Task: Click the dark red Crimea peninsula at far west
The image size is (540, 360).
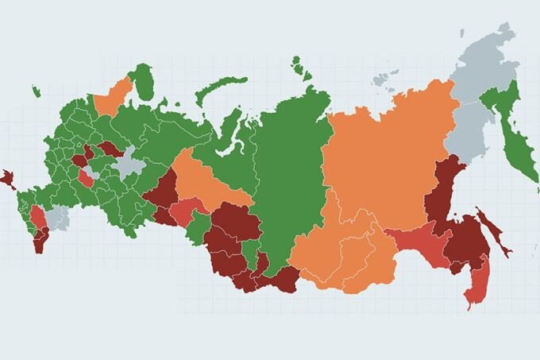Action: click(x=8, y=178)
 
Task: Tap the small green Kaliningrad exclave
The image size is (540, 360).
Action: click(x=37, y=92)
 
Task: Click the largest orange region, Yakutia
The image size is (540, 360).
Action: click(x=389, y=159)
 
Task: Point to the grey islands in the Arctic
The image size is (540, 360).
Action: click(x=386, y=78)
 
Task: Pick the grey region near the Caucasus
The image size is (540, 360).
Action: click(x=56, y=217)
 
